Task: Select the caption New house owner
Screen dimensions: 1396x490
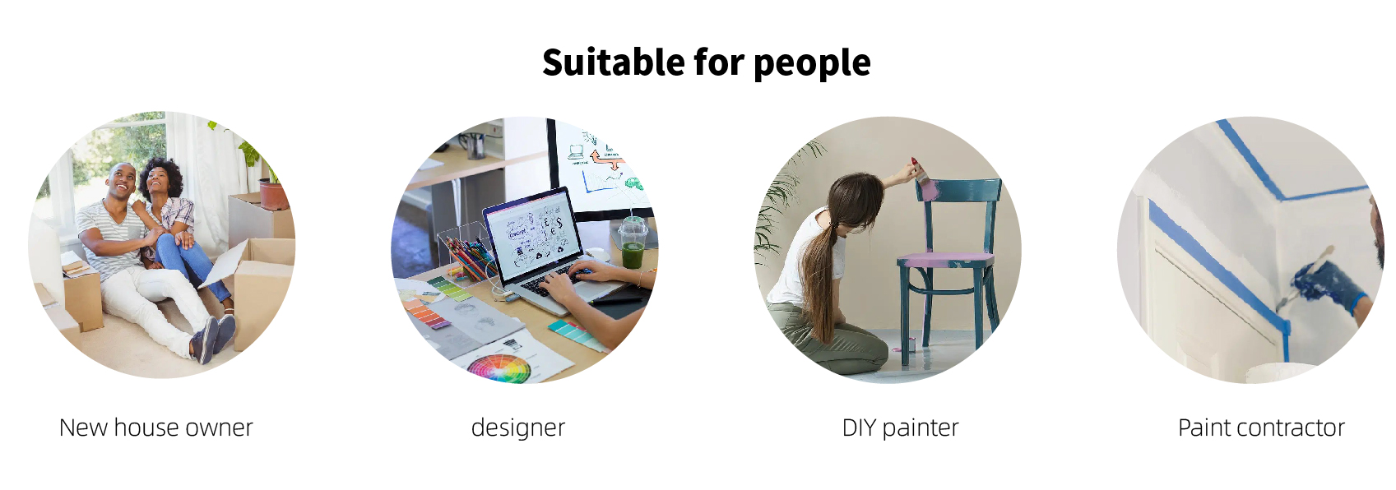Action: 155,428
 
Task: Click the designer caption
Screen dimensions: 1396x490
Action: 518,428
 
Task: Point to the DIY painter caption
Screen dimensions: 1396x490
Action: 900,428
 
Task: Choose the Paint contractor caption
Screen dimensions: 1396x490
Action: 1261,428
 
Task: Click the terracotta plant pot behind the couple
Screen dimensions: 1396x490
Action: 274,196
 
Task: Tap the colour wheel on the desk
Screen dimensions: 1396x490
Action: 499,367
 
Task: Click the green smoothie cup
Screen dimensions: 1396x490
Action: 633,243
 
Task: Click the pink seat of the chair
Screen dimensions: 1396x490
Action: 945,258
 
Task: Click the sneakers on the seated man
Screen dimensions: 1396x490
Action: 214,337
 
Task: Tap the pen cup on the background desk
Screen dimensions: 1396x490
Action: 475,145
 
